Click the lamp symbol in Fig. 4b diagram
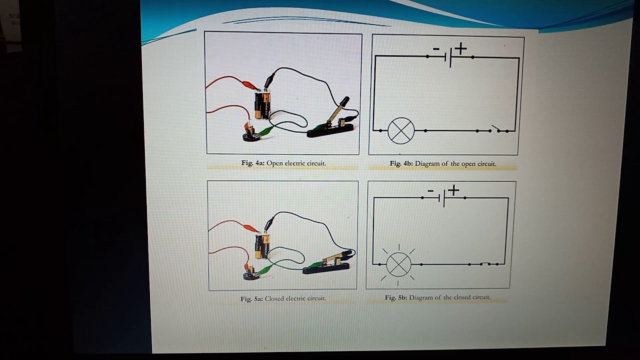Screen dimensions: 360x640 pos(401,130)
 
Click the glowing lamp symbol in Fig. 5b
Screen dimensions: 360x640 pos(398,264)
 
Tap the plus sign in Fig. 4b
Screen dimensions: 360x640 pos(460,48)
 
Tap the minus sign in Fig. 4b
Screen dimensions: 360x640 pos(436,49)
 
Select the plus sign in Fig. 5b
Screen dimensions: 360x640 pos(453,190)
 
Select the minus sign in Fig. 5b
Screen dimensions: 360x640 pos(430,190)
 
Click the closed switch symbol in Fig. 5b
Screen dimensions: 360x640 pos(484,263)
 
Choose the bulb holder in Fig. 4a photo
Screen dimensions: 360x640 pos(248,135)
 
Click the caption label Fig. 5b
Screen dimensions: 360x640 pos(396,297)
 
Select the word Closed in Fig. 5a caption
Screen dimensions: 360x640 pos(274,298)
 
